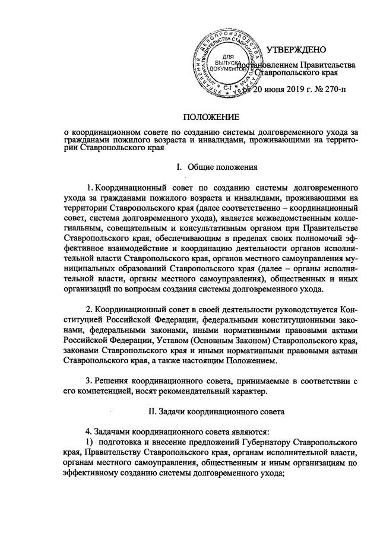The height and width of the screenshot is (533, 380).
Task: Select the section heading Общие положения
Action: point(222,167)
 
